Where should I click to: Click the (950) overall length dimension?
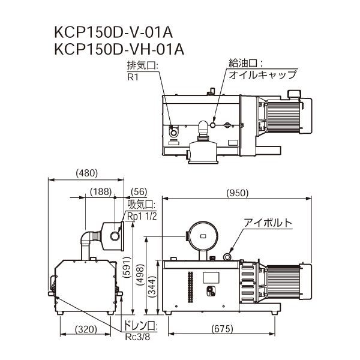(238, 193)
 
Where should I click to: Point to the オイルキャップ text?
(263, 75)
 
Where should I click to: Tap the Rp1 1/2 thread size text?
(142, 216)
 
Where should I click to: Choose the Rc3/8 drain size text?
(137, 336)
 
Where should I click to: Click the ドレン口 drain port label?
(140, 326)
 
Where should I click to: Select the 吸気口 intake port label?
(142, 204)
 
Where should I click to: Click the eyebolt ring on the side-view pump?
(227, 257)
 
